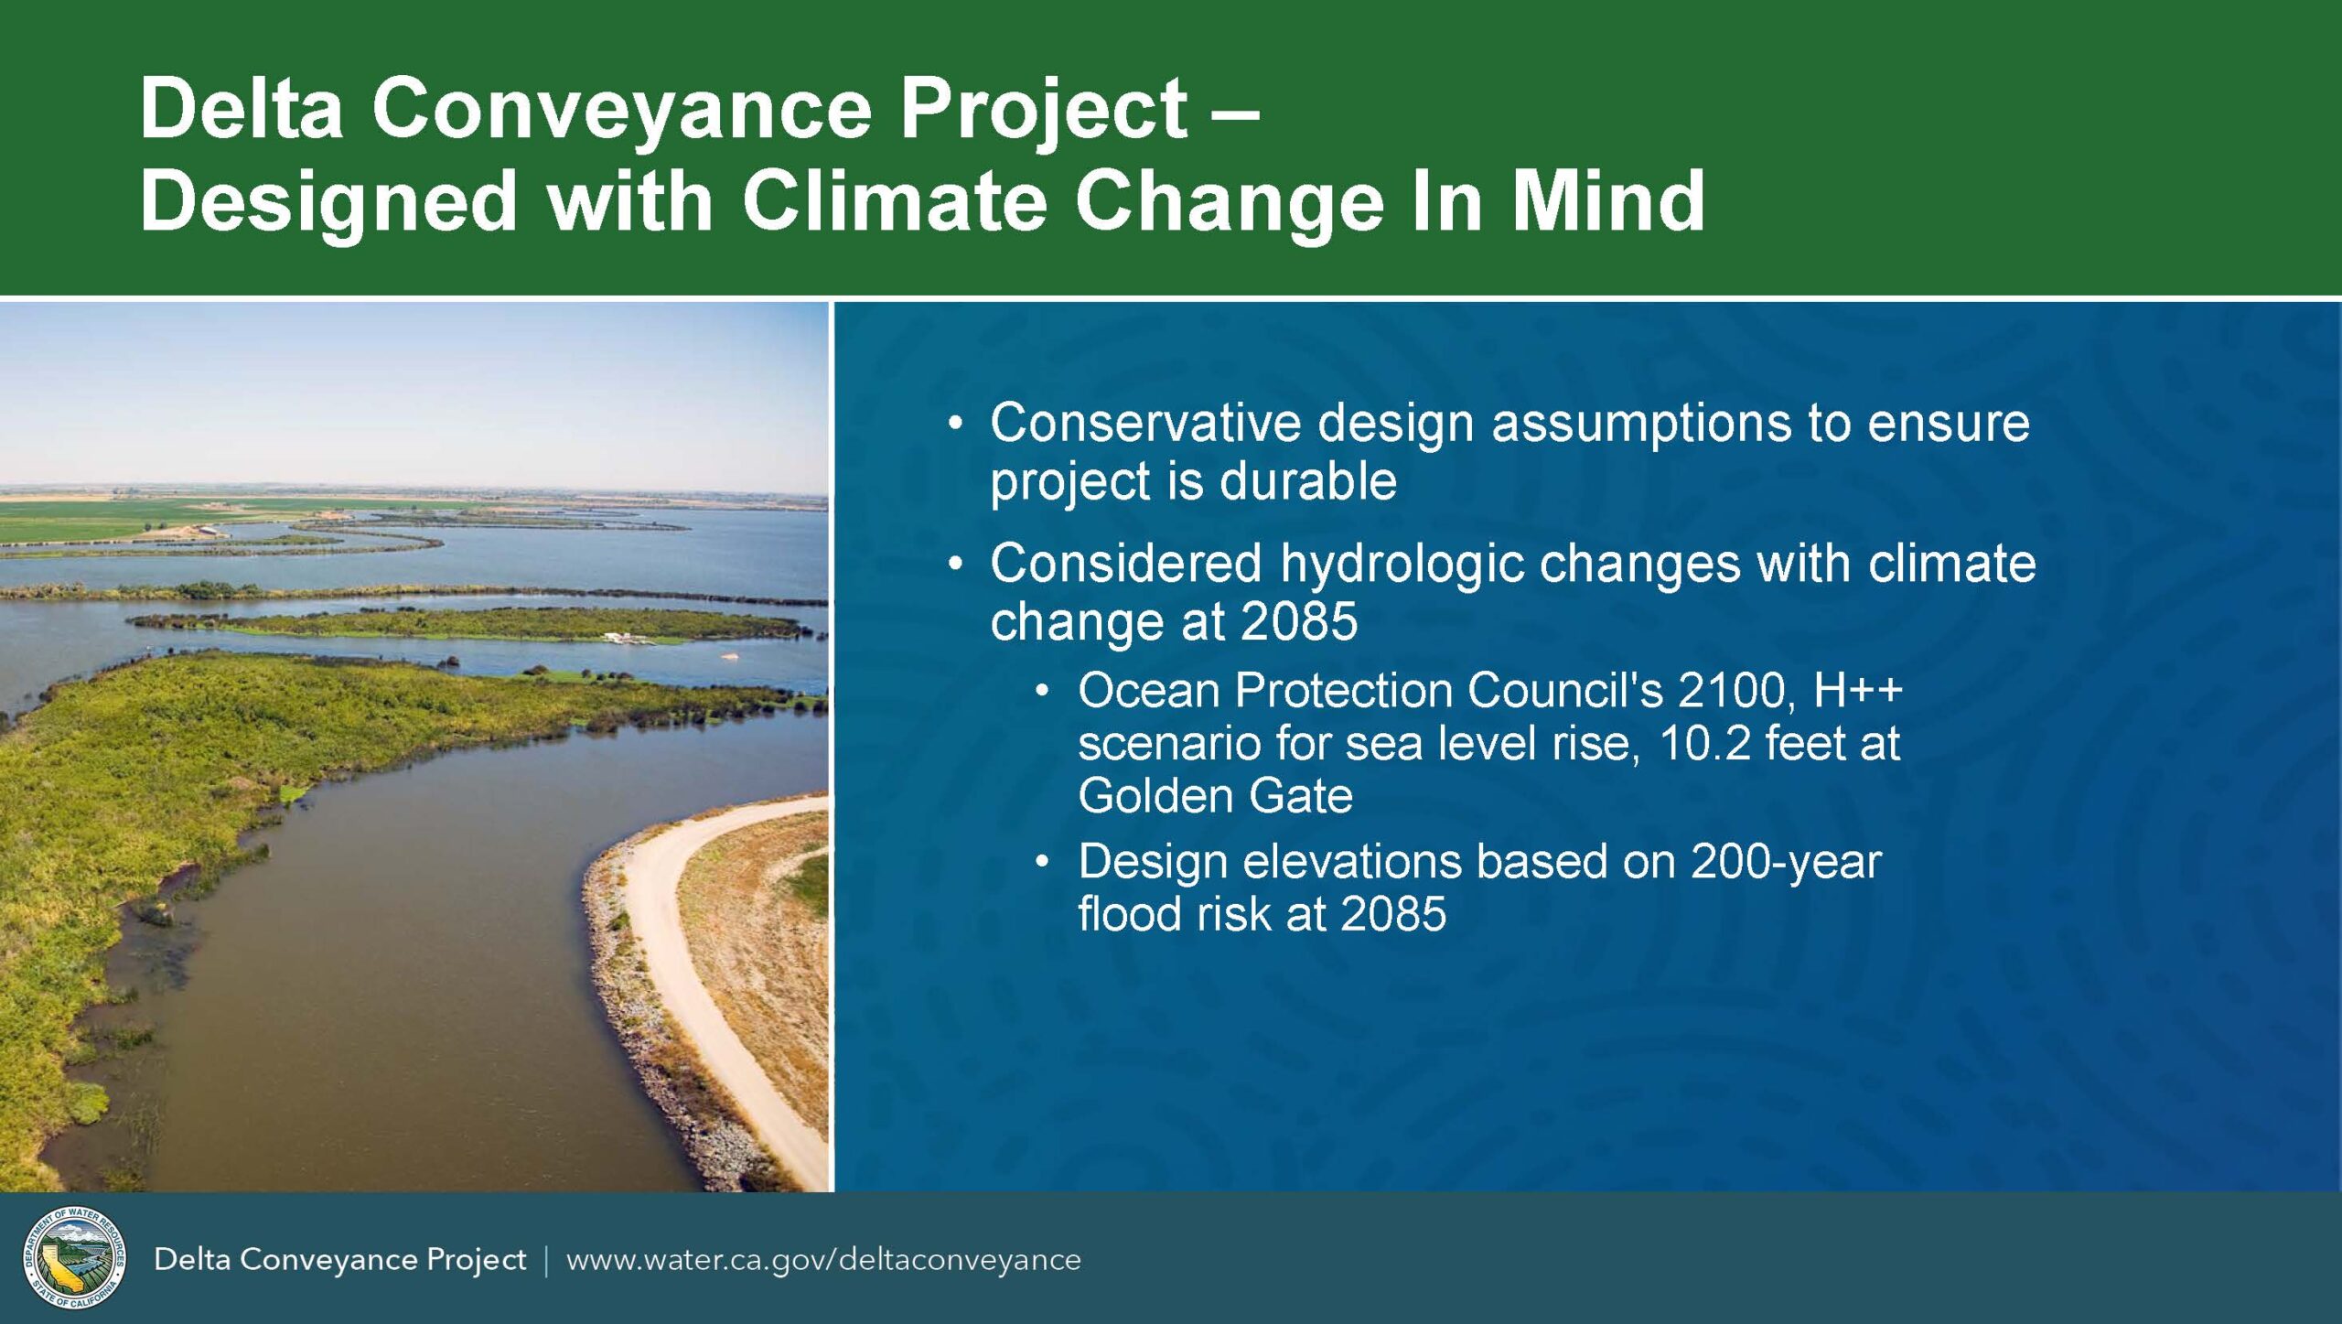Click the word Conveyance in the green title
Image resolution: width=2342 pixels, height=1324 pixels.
pyautogui.click(x=622, y=110)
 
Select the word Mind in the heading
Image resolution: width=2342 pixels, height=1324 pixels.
pyautogui.click(x=1608, y=200)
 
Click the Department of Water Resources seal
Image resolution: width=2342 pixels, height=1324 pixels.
pyautogui.click(x=74, y=1257)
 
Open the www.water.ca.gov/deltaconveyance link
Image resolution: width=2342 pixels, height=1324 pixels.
pyautogui.click(x=823, y=1260)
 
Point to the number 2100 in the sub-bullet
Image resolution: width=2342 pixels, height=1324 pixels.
pyautogui.click(x=1734, y=691)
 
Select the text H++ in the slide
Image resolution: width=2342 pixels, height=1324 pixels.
pyautogui.click(x=1857, y=691)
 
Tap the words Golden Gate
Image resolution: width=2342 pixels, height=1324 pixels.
pyautogui.click(x=1215, y=795)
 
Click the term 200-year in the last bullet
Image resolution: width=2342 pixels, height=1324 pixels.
pyautogui.click(x=1786, y=862)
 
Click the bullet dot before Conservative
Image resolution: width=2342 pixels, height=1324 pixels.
pyautogui.click(x=956, y=425)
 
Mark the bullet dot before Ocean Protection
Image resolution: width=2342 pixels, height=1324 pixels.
pyautogui.click(x=1042, y=692)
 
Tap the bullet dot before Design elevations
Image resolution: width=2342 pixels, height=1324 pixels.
pyautogui.click(x=1042, y=863)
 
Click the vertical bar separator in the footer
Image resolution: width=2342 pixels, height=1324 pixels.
pyautogui.click(x=546, y=1260)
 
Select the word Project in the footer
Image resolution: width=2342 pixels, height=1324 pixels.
pyautogui.click(x=476, y=1261)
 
